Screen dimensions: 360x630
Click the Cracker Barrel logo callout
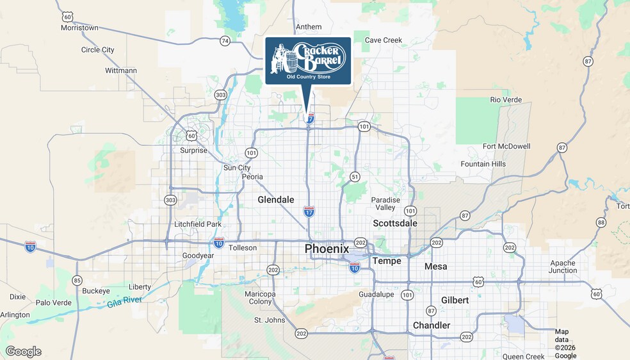[x=308, y=60]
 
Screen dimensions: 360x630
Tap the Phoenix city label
[x=327, y=249]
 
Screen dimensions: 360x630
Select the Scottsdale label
[x=395, y=223]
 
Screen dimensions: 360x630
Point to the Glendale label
[x=275, y=200]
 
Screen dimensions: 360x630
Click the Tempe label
[x=387, y=261]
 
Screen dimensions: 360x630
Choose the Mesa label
[x=435, y=266]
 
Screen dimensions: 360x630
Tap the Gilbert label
[x=455, y=300]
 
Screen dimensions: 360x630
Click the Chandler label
[x=432, y=325]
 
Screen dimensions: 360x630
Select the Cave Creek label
[x=383, y=40]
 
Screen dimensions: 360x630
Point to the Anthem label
[x=308, y=27]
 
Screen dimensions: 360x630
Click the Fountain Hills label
[x=483, y=164]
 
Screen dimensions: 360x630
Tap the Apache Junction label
[x=563, y=266]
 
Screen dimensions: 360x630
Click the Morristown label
[x=79, y=28]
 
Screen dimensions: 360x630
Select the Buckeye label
[x=96, y=290]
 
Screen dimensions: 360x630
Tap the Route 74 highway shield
[x=224, y=40]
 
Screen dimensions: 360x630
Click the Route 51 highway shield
[x=354, y=176]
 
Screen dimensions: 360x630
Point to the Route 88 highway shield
[x=601, y=222]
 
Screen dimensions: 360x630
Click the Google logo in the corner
[x=23, y=351]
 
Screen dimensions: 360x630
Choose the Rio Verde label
[x=505, y=100]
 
